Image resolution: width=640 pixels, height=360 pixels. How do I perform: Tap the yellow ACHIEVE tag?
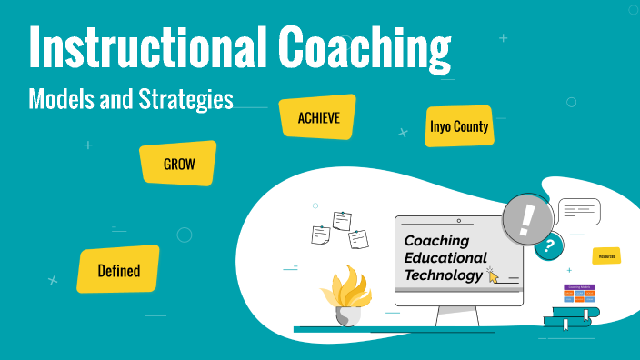(317, 117)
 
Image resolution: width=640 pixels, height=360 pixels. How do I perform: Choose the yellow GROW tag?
(178, 164)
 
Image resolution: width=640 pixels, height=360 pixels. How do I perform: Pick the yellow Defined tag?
(119, 269)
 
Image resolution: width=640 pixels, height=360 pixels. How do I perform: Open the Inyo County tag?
(459, 127)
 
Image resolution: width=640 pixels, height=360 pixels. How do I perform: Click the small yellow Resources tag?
(606, 256)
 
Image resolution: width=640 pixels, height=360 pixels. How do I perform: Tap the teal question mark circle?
(548, 245)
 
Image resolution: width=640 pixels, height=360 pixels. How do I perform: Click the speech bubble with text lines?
(578, 212)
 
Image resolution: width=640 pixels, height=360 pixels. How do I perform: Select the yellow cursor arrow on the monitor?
(493, 274)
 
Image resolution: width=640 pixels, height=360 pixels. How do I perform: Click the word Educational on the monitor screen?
(445, 258)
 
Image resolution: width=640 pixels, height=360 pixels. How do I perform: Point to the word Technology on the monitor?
(444, 275)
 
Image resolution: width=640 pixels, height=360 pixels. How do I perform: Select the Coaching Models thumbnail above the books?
(579, 294)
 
